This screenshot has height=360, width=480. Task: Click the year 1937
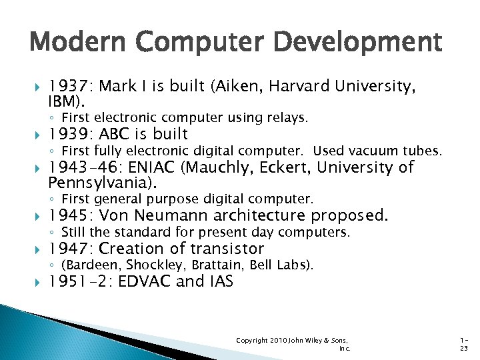71,86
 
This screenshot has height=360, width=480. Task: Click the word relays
286,118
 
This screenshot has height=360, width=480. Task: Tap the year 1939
71,134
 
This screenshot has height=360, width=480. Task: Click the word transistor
227,249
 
